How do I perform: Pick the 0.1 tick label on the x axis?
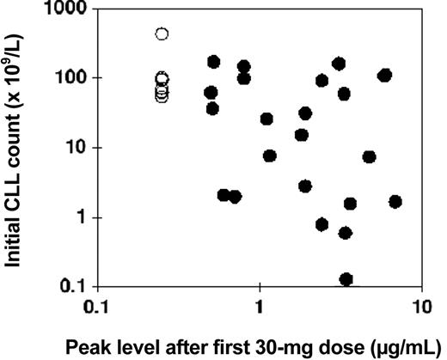[x=97, y=305]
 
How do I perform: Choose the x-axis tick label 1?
[x=260, y=305]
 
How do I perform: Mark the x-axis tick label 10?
[x=419, y=305]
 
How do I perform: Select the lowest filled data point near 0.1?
[x=346, y=279]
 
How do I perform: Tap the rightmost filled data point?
[x=395, y=202]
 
